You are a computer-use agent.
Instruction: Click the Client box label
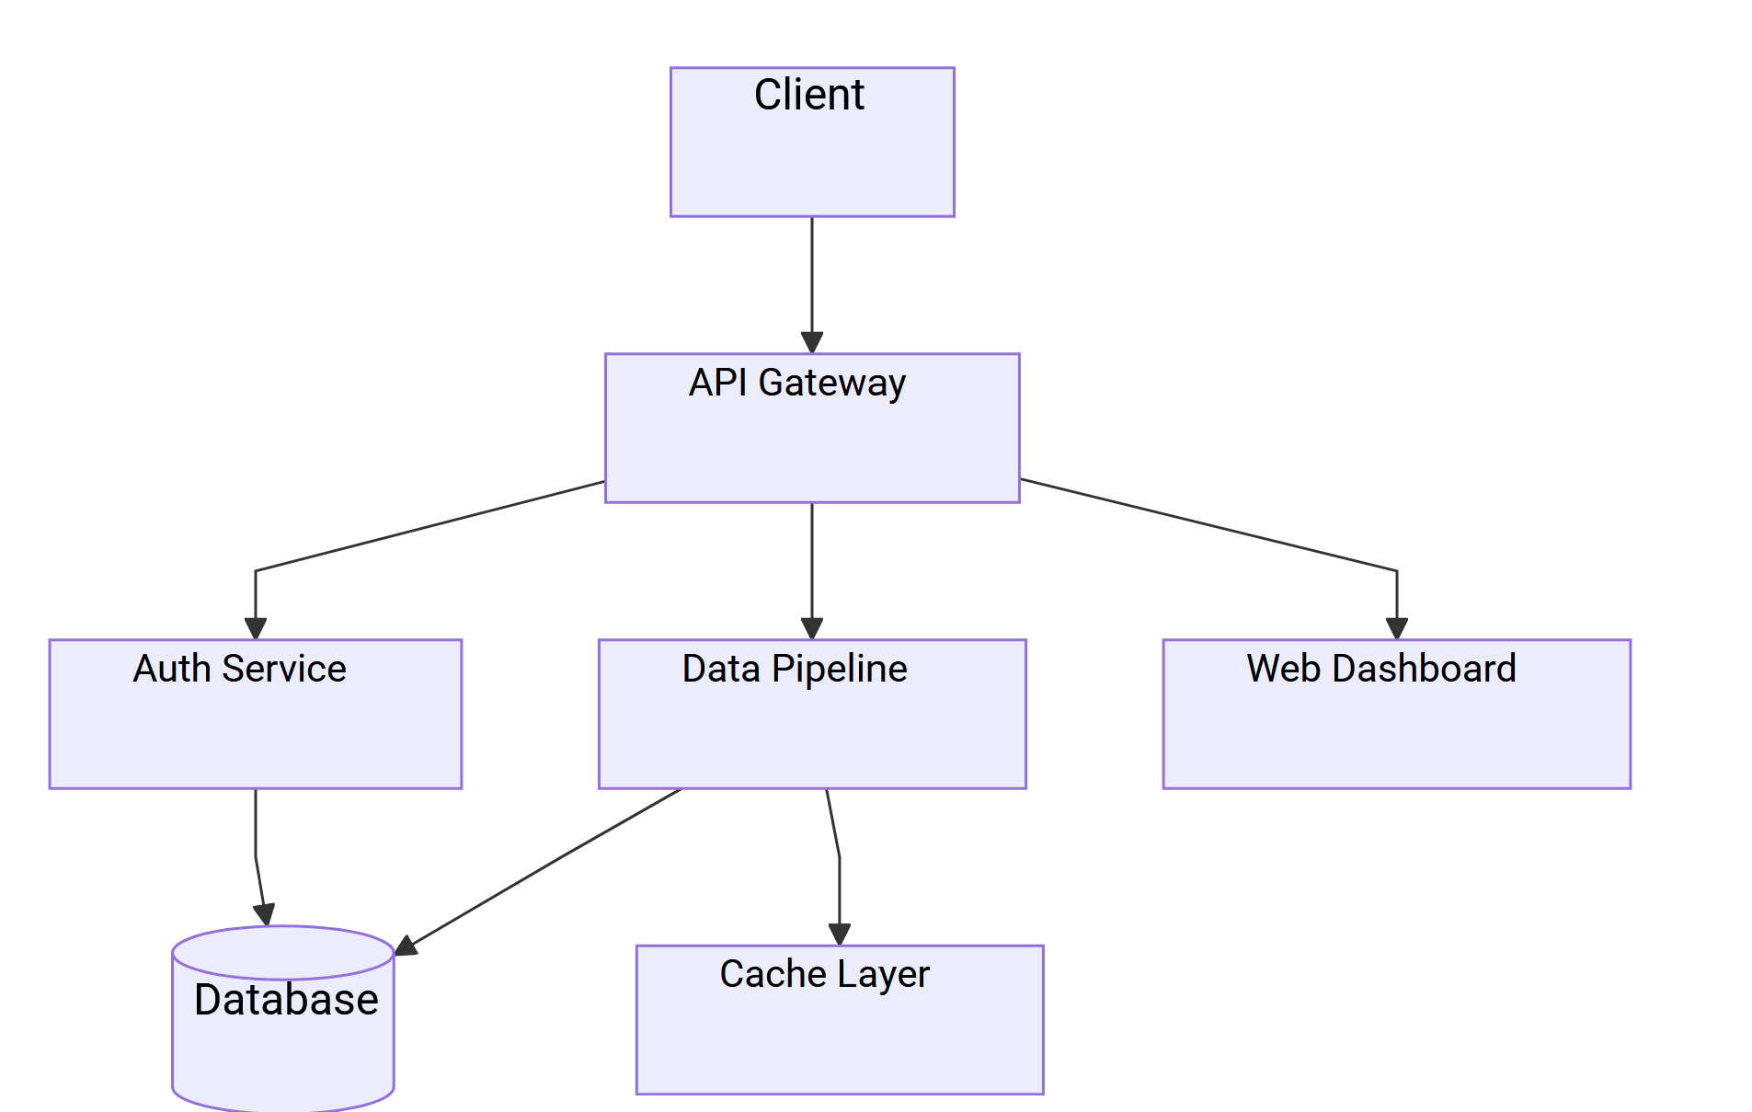[808, 95]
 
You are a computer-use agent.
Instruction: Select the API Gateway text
[796, 383]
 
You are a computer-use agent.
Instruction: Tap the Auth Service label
[239, 669]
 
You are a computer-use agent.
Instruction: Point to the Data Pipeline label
[794, 669]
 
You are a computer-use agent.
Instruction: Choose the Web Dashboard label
[1380, 669]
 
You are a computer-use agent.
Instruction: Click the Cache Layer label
[824, 974]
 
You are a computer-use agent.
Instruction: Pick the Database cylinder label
[286, 1000]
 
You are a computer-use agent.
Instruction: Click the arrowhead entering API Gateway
[812, 343]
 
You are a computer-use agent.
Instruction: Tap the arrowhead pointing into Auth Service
[256, 629]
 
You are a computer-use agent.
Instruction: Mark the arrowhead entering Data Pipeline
[812, 629]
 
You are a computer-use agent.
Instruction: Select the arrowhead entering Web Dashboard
[1397, 629]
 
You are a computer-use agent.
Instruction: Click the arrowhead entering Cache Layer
[839, 934]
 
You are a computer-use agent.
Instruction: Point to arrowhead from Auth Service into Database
[265, 915]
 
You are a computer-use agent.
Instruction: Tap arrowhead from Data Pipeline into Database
[406, 947]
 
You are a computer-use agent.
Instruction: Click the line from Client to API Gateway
[812, 276]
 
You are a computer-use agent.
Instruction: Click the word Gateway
[831, 383]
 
